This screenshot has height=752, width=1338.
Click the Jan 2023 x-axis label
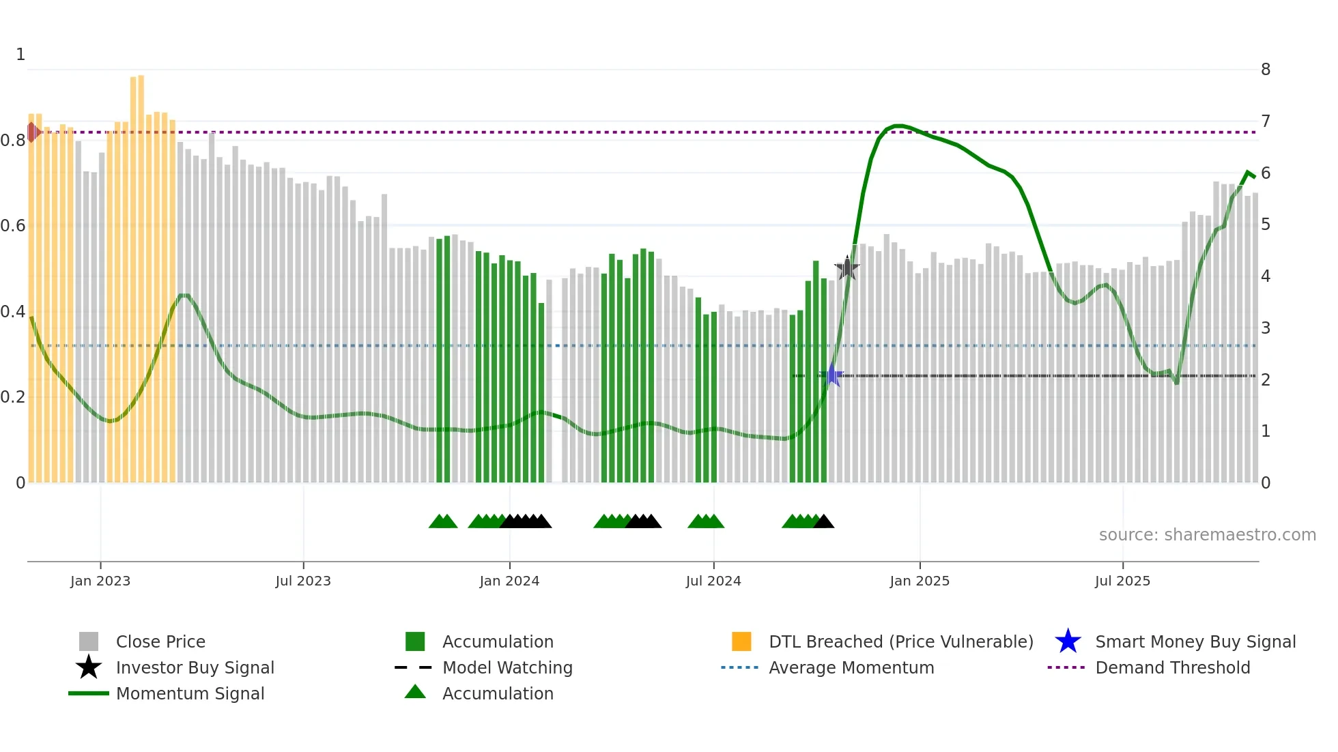100,581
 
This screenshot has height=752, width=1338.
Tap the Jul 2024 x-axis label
713,581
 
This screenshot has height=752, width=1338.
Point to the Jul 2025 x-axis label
1122,581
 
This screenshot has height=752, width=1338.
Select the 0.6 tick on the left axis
13,226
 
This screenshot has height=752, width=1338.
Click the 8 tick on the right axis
1266,70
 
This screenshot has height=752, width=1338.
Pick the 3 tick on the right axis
1266,328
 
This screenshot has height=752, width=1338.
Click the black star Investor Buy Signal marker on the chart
847,268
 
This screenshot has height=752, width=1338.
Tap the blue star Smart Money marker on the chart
833,375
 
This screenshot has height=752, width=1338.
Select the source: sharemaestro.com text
1207,535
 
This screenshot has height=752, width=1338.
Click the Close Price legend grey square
89,641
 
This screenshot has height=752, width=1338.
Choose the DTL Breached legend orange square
741,641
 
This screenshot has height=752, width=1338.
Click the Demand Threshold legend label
1172,668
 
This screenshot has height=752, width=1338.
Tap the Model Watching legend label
507,668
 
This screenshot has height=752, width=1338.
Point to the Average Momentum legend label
851,668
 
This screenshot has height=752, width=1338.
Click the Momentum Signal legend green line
89,693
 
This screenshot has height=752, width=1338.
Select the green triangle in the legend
415,693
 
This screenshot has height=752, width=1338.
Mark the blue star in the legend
1068,641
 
